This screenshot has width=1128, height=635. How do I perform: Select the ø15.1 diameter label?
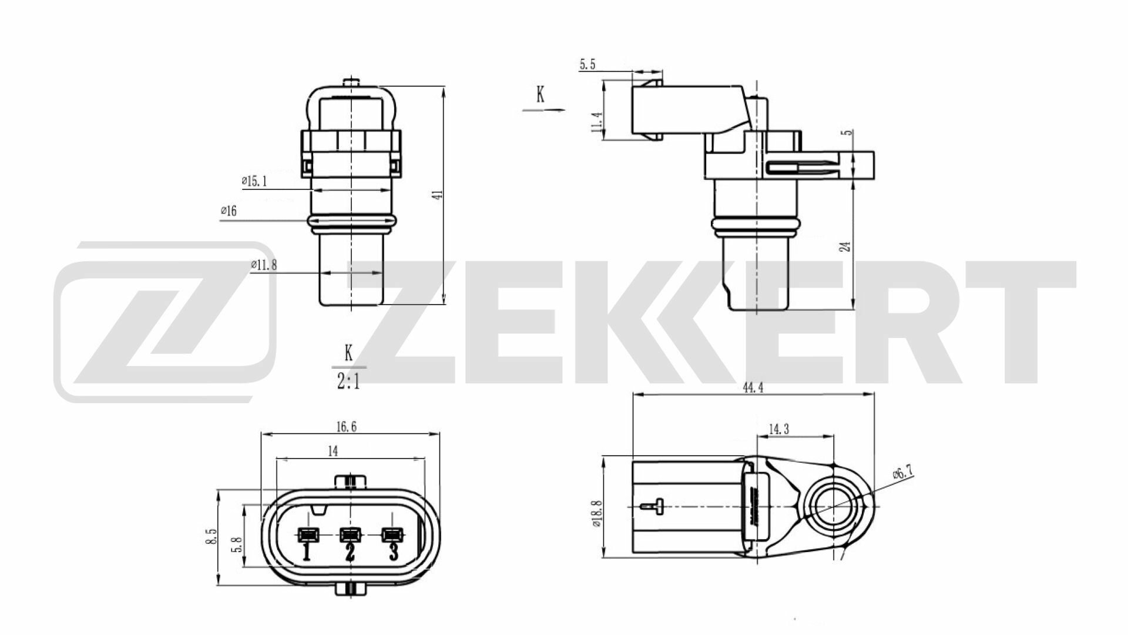point(254,182)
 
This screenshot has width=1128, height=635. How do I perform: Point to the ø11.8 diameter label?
point(264,265)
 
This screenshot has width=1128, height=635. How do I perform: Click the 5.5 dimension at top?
point(587,65)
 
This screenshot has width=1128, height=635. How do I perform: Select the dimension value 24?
point(845,246)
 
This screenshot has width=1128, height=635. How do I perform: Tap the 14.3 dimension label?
point(778,429)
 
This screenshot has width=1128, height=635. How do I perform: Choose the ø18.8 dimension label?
point(597,515)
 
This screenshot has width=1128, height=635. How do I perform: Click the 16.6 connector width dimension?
point(346,427)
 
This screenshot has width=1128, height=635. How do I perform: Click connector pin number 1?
point(306,553)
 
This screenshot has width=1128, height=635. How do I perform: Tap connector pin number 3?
point(394,553)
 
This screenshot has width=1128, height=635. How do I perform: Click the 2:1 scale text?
point(348,383)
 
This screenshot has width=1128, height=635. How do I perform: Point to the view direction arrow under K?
point(543,110)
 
